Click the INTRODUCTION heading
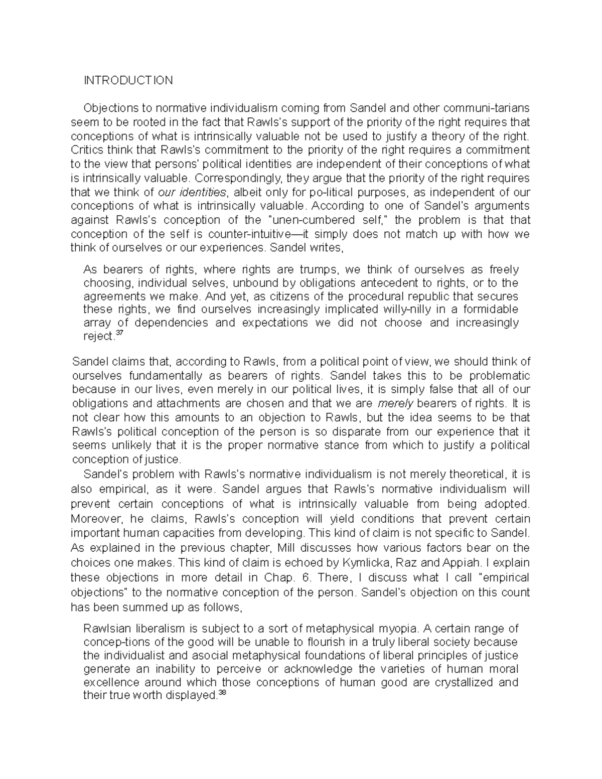[128, 81]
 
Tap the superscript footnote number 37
[119, 334]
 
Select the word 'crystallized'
[460, 683]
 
